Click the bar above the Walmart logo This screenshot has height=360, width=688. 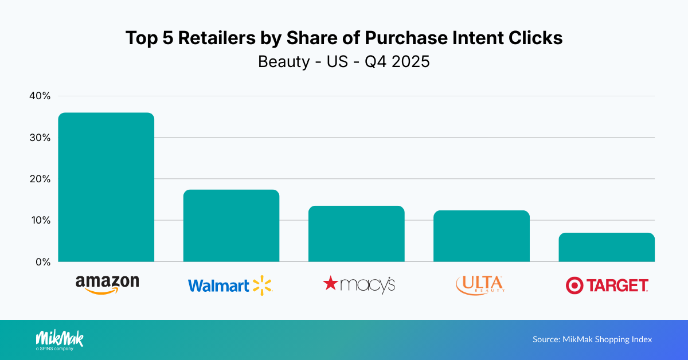point(231,226)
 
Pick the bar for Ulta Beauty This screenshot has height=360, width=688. point(481,236)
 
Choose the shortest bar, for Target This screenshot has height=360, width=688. point(607,248)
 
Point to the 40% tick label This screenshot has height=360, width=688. point(40,96)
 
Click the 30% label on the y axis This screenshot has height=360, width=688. point(40,138)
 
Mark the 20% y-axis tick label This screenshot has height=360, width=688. point(40,179)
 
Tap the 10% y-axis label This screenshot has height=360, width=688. point(40,220)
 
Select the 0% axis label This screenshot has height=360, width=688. point(42,261)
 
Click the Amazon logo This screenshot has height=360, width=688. point(107,284)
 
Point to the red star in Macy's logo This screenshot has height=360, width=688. point(331,283)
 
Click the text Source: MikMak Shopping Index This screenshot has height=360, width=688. point(592,339)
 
